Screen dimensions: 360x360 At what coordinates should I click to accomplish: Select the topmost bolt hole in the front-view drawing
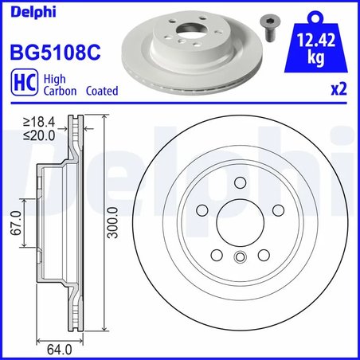[x=239, y=185]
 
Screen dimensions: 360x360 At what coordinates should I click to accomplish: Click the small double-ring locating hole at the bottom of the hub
[x=239, y=256]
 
